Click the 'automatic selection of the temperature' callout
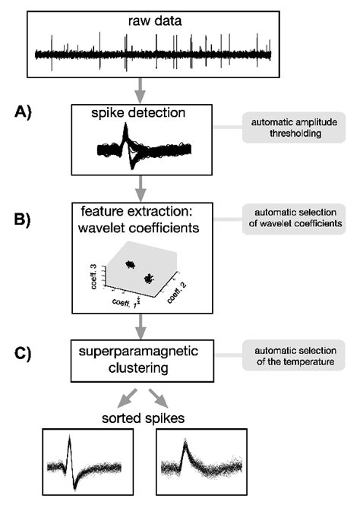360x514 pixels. point(289,353)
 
